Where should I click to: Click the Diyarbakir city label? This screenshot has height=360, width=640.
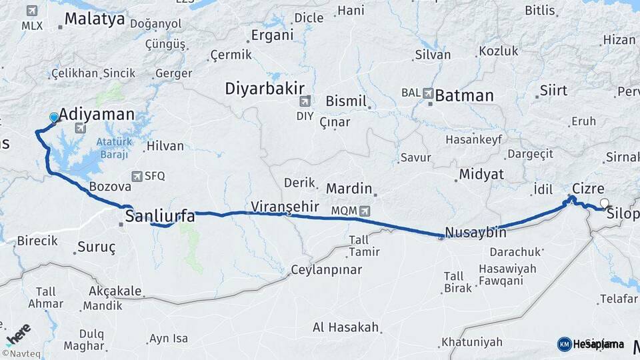(x=265, y=89)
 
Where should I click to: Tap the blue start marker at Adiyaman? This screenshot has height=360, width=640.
(x=54, y=118)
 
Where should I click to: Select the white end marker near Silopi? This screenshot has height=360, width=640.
(x=604, y=203)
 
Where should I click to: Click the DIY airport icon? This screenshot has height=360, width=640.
(x=305, y=101)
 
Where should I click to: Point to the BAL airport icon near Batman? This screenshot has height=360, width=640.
(x=427, y=93)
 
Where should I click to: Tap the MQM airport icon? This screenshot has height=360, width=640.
(x=364, y=211)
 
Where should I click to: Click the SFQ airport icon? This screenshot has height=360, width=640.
(x=137, y=177)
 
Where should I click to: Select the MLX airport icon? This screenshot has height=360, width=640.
(x=32, y=11)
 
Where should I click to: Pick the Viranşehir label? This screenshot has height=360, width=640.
(x=285, y=206)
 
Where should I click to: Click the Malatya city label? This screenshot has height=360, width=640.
(x=95, y=19)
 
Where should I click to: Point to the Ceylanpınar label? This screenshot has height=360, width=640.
(x=327, y=270)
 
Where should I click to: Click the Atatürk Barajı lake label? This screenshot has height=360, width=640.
(x=112, y=148)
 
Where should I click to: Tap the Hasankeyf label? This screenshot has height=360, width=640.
(x=473, y=139)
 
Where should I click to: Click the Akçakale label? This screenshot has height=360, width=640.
(x=115, y=291)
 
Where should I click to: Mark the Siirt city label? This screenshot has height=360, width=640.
(x=553, y=89)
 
